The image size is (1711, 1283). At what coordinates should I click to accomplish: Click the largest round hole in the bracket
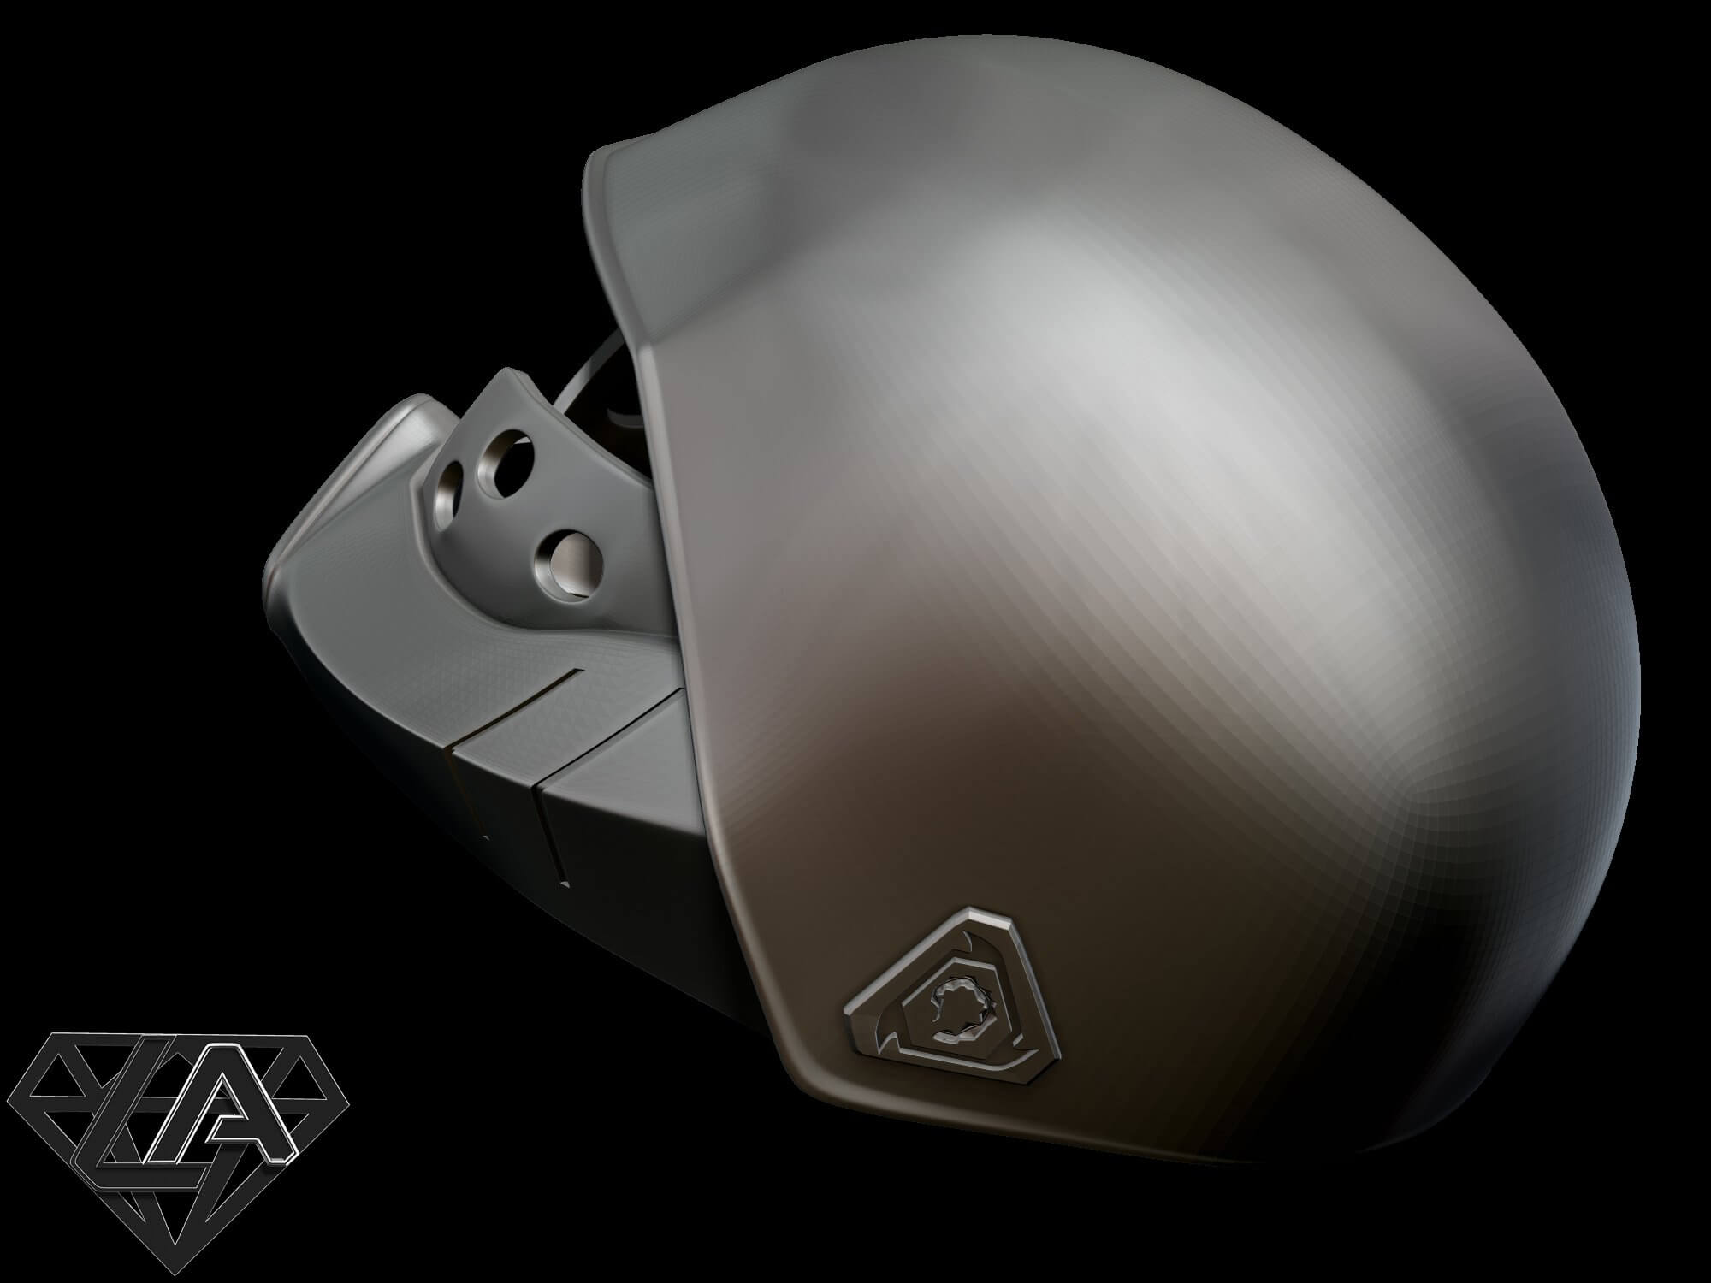[x=569, y=561]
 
